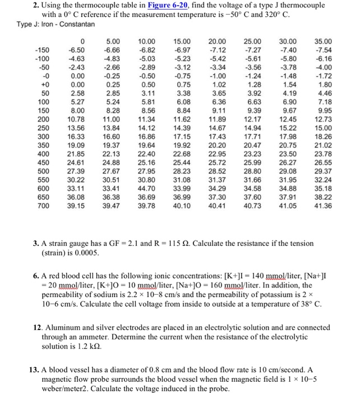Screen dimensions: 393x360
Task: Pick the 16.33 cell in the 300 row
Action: click(76, 136)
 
